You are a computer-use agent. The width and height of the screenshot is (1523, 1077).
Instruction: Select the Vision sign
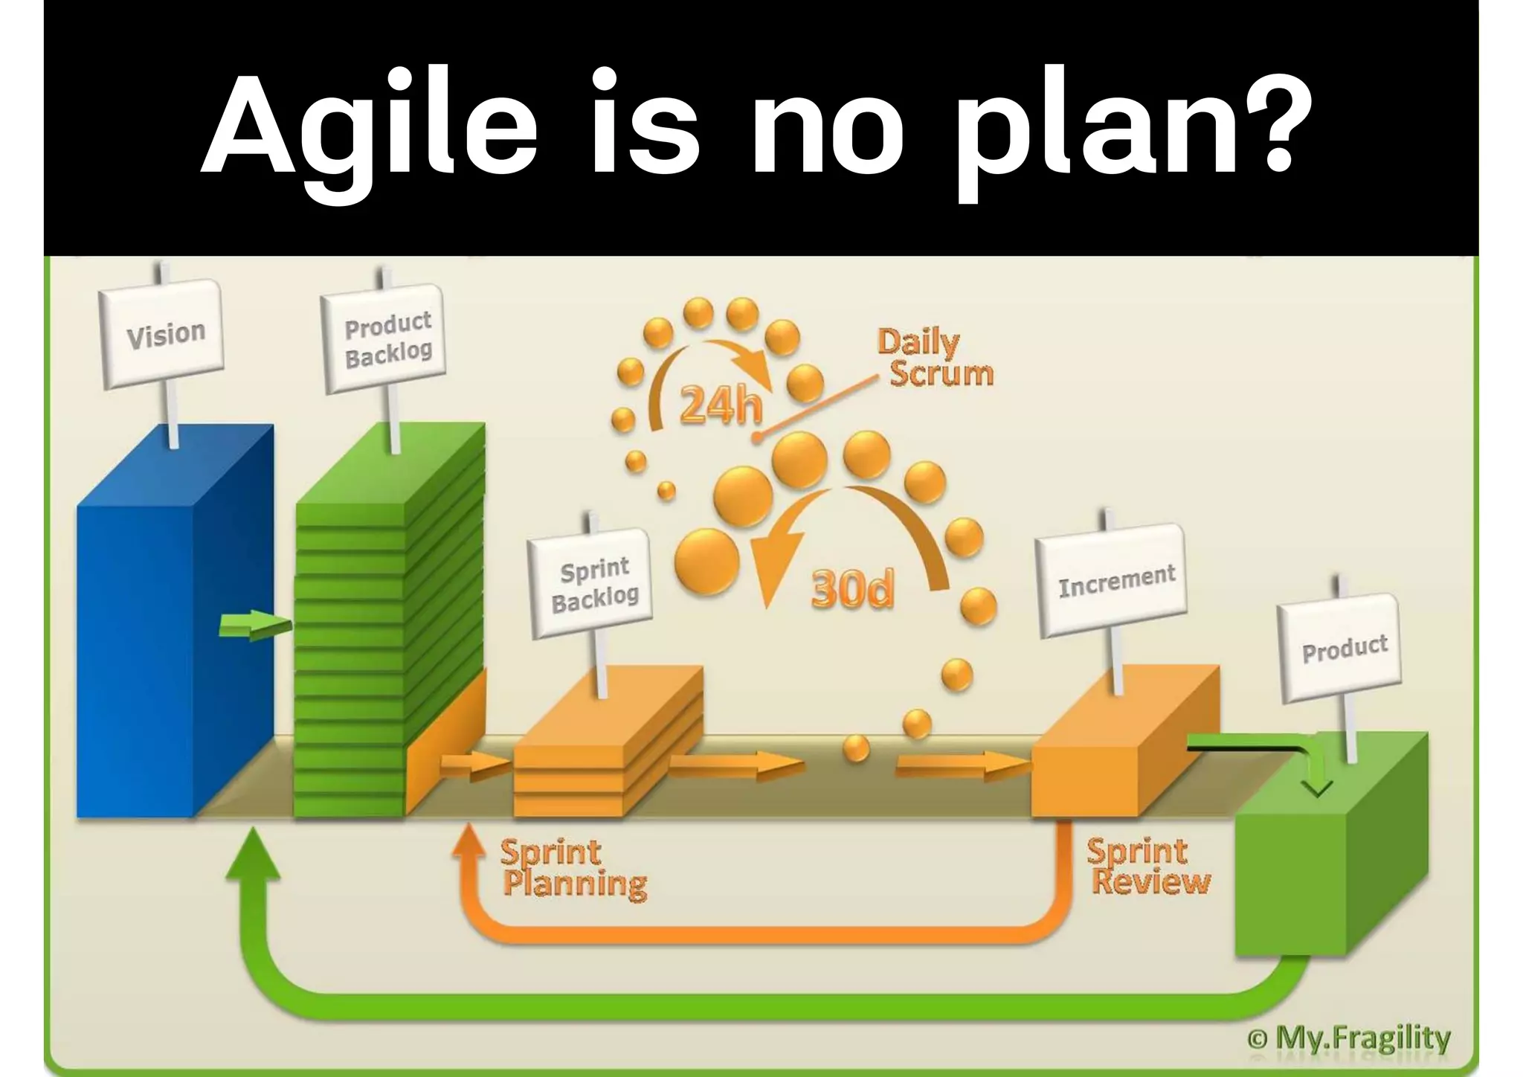pyautogui.click(x=164, y=334)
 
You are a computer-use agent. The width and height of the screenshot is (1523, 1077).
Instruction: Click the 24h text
pyautogui.click(x=721, y=406)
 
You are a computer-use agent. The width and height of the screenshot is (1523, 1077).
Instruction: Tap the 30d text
pyautogui.click(x=852, y=590)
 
